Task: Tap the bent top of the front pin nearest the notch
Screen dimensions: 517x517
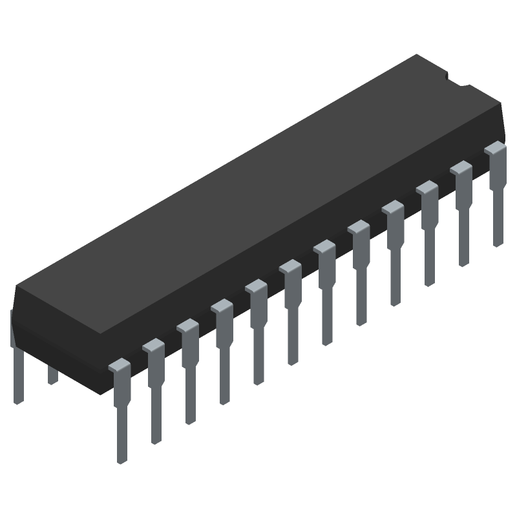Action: tap(496, 149)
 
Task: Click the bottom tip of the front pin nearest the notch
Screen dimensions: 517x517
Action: tap(498, 244)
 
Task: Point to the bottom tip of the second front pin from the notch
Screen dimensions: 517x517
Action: tap(463, 264)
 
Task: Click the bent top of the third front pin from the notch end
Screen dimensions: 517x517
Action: tap(427, 188)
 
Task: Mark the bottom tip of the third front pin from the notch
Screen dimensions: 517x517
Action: tap(429, 283)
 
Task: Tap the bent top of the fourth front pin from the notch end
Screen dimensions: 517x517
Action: tap(393, 207)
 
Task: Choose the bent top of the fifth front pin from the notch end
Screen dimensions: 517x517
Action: tap(359, 227)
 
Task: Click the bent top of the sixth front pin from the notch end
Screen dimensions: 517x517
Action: tap(324, 247)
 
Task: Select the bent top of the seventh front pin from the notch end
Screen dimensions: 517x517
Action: tap(290, 266)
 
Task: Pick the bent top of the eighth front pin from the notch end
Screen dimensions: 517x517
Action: tap(257, 286)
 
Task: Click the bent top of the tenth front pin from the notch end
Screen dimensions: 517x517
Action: tap(188, 326)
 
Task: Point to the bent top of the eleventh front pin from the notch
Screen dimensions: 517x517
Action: tap(154, 346)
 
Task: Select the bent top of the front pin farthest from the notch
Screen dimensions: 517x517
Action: tap(120, 366)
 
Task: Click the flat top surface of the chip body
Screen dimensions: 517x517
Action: tap(258, 194)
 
